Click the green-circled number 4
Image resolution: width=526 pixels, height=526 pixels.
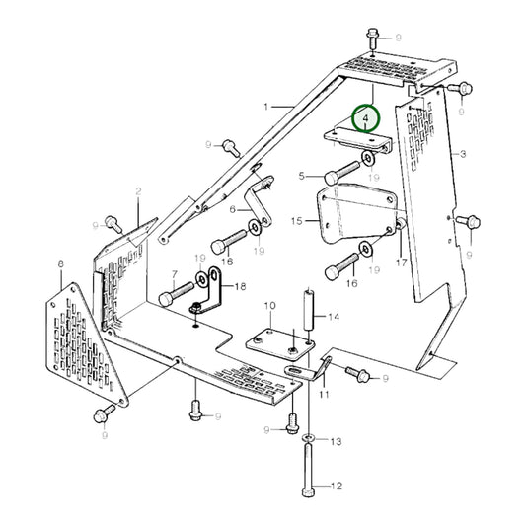point(367,119)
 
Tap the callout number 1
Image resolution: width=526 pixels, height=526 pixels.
point(265,106)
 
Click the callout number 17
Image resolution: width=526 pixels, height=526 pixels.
point(401,263)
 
